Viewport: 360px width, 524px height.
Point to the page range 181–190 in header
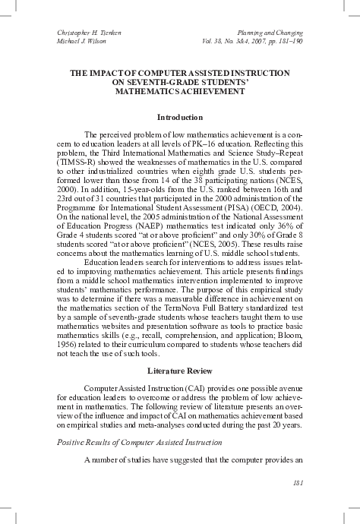286,43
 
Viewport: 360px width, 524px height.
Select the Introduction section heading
179,118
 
